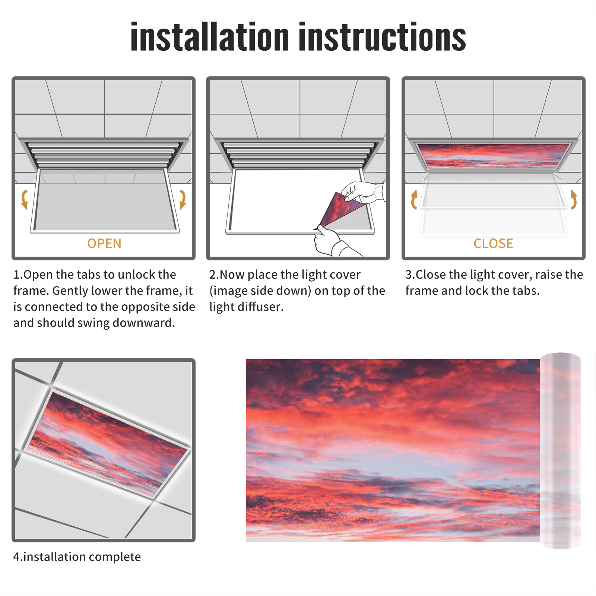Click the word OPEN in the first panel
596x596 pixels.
(104, 244)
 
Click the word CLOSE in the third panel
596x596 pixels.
(493, 244)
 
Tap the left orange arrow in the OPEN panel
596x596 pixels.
(25, 199)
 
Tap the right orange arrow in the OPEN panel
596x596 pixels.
(183, 199)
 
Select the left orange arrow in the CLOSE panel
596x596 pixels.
(413, 199)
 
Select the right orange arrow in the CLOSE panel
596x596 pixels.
(574, 199)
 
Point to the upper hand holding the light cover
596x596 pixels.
(363, 192)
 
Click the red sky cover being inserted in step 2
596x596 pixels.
(341, 209)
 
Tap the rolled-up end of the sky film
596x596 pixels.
(560, 450)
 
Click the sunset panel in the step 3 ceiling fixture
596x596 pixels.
(493, 155)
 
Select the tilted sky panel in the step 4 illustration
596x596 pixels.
(108, 443)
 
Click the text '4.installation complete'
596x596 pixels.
(77, 557)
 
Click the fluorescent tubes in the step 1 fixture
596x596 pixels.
(104, 155)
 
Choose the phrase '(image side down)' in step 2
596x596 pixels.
(260, 291)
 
